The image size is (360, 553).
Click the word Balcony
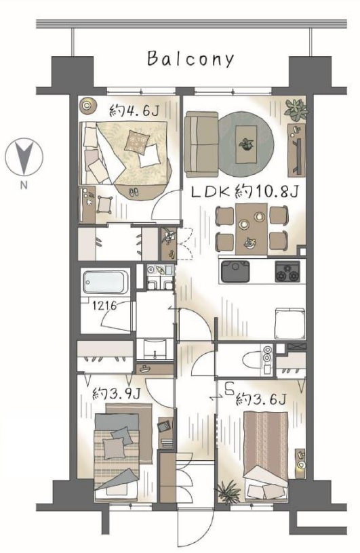point(191,59)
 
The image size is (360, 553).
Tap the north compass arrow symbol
point(24,157)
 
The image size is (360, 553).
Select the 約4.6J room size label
point(134,111)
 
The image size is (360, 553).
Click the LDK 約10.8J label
point(245,192)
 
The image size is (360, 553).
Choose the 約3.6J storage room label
point(260,399)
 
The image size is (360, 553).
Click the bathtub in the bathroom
point(106,283)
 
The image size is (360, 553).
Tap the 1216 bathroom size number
point(104,305)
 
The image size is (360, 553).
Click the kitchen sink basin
point(235,271)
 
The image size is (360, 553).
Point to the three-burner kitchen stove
point(287,271)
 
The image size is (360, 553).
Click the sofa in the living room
point(201,144)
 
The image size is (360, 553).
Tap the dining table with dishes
point(252,229)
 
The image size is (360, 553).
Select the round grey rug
point(246,144)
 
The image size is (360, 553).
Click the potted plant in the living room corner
point(296,109)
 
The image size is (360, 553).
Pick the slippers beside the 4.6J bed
point(134,192)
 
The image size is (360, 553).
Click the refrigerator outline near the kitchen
point(290,324)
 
